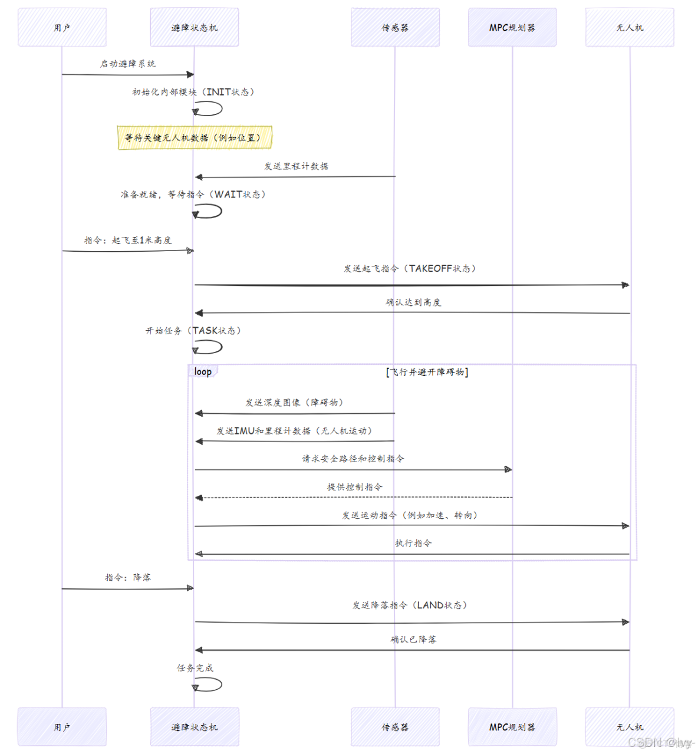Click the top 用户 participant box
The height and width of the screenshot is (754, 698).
point(62,27)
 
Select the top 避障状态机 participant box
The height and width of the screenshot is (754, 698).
point(194,27)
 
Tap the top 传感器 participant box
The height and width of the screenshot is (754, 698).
point(395,27)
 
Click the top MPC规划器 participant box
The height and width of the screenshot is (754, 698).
point(512,27)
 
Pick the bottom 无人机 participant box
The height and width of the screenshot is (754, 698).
point(629,727)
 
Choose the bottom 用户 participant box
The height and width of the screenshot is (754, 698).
point(62,727)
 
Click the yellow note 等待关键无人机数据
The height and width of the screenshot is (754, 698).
point(195,137)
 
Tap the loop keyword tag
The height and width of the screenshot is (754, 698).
point(203,371)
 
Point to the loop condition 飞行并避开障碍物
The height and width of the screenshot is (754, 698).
point(427,372)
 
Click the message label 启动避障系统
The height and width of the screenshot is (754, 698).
point(128,64)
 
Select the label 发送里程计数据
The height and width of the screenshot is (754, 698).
point(296,166)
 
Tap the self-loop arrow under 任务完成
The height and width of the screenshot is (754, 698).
point(209,684)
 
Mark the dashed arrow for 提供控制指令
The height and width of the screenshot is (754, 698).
point(354,498)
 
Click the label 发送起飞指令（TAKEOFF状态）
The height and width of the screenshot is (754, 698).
point(410,269)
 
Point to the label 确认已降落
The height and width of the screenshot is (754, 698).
point(413,640)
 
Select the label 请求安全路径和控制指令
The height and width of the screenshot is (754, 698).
point(353,459)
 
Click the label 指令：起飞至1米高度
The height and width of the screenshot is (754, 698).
point(128,241)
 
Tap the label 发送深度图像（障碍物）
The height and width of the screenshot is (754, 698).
point(294,403)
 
